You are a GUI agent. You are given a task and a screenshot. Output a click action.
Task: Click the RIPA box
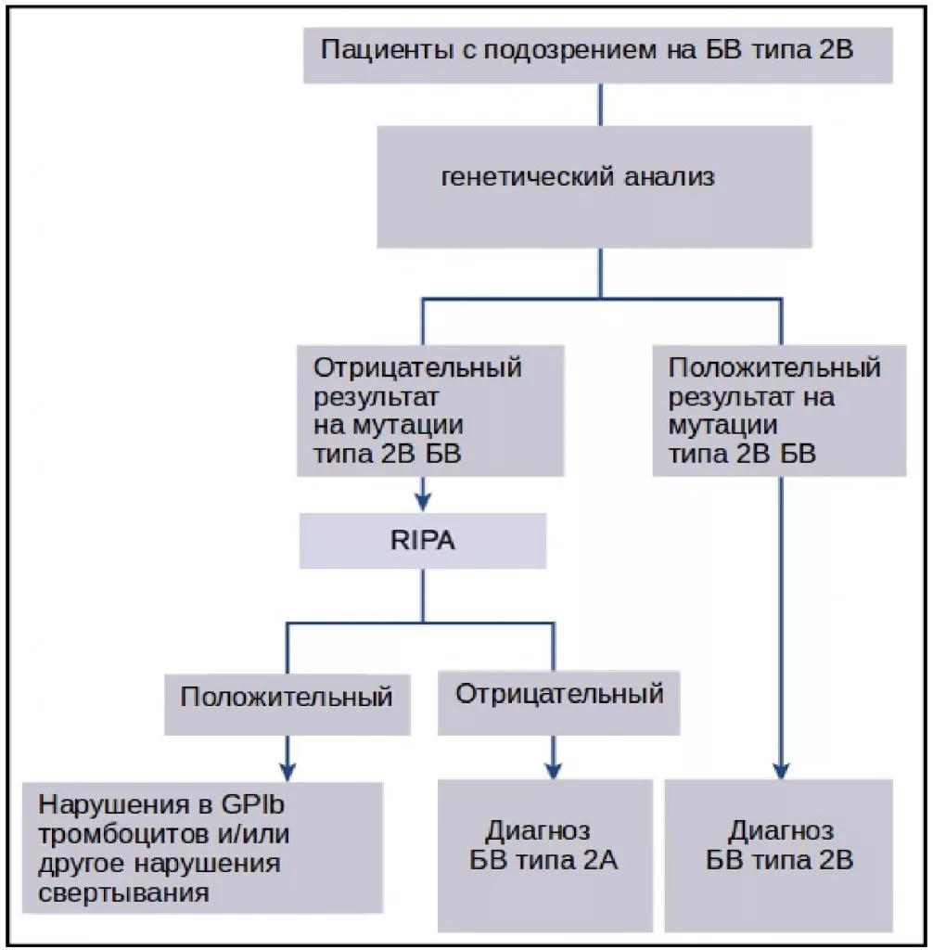[422, 541]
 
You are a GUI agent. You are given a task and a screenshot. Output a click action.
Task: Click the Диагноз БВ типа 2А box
[553, 854]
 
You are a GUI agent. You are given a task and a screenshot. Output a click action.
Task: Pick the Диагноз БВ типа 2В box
[779, 854]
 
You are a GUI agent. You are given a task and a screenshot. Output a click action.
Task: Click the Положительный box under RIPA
[286, 696]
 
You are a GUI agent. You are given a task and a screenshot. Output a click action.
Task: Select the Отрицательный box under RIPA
[558, 694]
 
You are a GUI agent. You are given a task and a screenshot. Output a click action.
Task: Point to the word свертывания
[124, 894]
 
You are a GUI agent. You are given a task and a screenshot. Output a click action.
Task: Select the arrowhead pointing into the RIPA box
[422, 501]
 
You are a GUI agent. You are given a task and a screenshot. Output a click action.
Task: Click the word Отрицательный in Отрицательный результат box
[417, 368]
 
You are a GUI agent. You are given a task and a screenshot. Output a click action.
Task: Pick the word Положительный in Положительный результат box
[773, 368]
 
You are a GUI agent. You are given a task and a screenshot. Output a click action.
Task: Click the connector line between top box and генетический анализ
[600, 104]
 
